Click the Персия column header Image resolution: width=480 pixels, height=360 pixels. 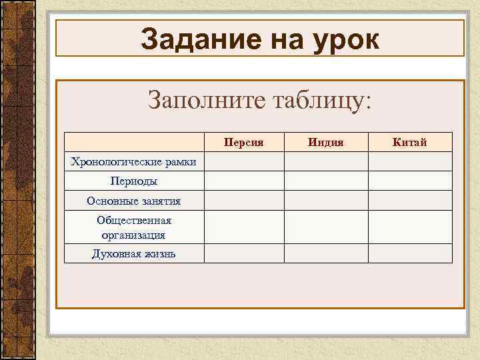pos(244,142)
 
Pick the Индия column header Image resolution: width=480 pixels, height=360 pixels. pos(326,142)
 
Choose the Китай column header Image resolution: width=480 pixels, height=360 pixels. pos(410,142)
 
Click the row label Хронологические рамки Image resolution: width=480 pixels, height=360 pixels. pos(133,161)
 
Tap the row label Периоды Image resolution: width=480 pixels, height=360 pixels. pos(133,181)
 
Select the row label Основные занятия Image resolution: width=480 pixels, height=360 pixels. pos(133,201)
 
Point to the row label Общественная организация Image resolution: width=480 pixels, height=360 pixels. pos(133,227)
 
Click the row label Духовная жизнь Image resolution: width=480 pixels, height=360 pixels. pos(133,253)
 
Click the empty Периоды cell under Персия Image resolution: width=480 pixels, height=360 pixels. pos(244,181)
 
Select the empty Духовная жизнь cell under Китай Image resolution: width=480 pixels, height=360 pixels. pos(410,253)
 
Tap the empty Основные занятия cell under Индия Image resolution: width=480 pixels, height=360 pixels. pos(326,201)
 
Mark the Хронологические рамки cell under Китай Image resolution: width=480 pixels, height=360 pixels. pos(410,161)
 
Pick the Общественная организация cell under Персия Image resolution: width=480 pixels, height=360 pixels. pos(244,227)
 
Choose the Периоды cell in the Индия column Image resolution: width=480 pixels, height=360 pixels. pos(326,181)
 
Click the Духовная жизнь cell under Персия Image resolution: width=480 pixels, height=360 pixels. pos(244,253)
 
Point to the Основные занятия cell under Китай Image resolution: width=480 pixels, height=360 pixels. pos(410,201)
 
